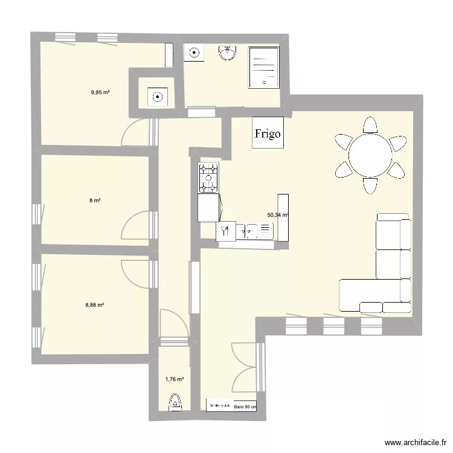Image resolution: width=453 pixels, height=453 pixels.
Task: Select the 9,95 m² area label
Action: (x=100, y=92)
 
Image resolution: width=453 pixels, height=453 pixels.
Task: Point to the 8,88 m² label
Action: (x=95, y=305)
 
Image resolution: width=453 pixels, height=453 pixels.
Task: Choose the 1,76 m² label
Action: (x=174, y=379)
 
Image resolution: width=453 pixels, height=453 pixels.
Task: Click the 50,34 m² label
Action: (x=277, y=214)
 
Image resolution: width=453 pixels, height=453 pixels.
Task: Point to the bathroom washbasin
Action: (x=228, y=54)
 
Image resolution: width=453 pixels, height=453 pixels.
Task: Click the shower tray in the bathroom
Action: (x=263, y=67)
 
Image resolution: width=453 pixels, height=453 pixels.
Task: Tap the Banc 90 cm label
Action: (x=245, y=406)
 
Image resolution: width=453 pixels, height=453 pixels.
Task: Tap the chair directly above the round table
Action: (x=370, y=126)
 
